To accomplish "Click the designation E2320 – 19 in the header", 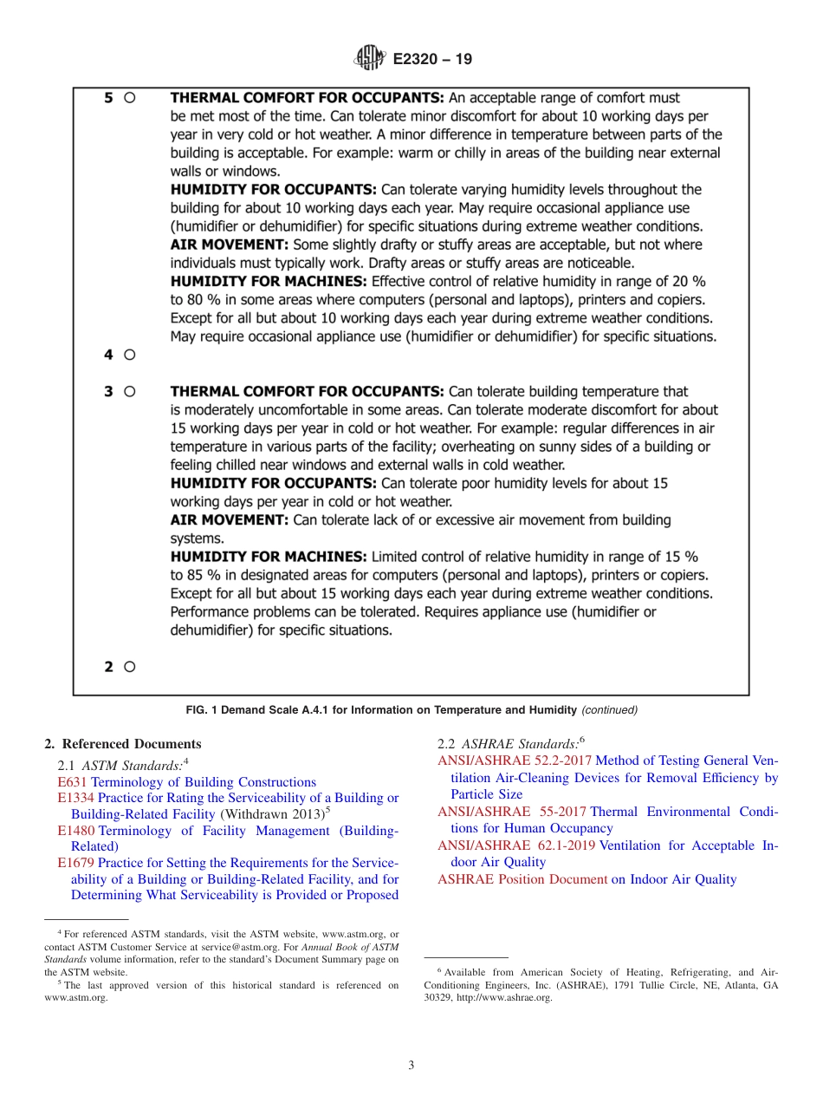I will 432,60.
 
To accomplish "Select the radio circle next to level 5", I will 129,99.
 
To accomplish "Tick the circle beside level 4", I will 129,355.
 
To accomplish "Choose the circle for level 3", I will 129,392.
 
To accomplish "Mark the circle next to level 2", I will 129,667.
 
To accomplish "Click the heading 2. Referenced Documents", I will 122,744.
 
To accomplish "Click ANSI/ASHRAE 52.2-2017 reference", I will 515,760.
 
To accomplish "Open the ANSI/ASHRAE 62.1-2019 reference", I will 516,845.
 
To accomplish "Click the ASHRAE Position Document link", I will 522,879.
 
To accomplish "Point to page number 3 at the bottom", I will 411,1066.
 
